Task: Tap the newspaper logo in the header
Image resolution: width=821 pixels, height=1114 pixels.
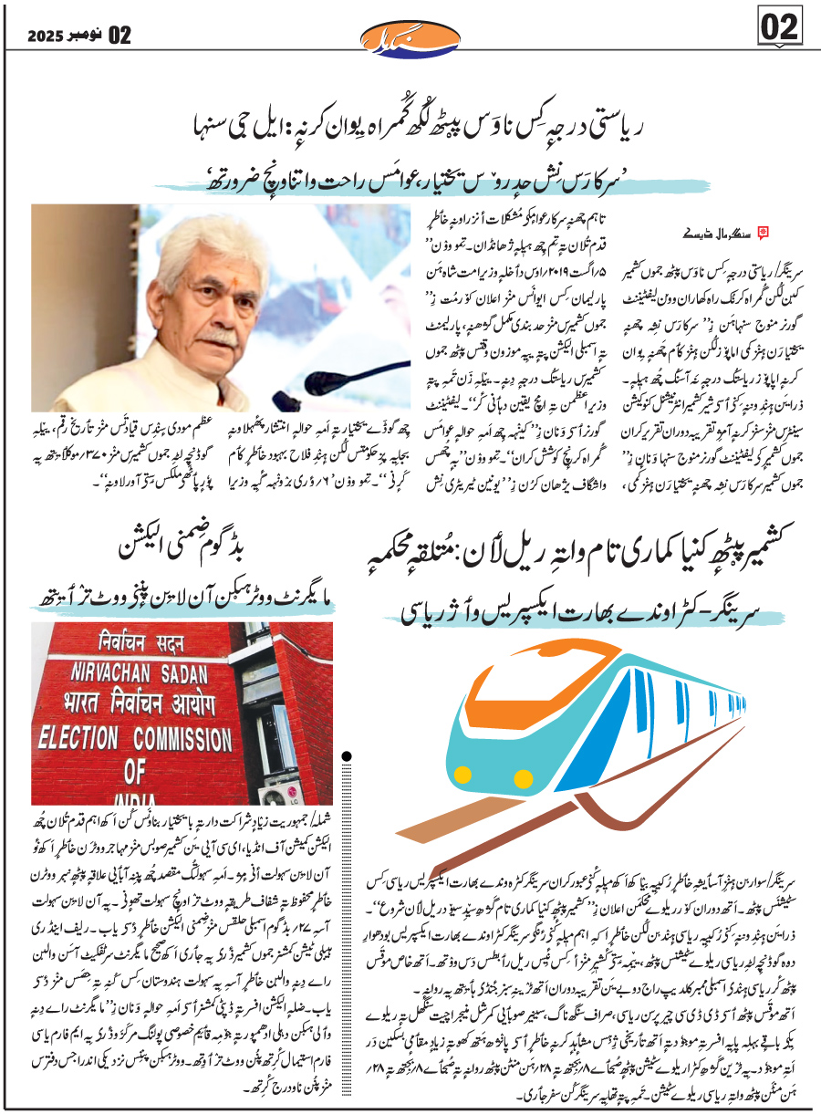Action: coord(410,37)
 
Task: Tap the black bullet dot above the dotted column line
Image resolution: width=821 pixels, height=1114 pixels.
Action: coord(348,755)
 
